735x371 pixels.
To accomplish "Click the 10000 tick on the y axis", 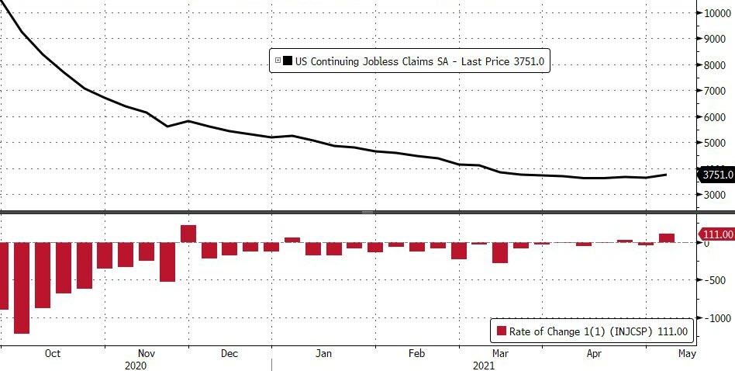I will (x=717, y=12).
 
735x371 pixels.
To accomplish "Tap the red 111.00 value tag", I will (x=716, y=234).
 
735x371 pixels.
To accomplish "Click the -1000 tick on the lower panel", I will (x=714, y=318).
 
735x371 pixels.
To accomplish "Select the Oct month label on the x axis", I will (x=52, y=354).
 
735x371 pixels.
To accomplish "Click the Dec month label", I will (x=229, y=354).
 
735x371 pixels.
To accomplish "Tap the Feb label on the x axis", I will (x=417, y=354).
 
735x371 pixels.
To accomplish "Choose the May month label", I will (x=687, y=354).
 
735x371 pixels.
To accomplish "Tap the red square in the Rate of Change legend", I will (x=502, y=331).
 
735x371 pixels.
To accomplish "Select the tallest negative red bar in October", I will (x=21, y=287).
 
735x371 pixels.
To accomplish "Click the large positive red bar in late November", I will (x=188, y=234).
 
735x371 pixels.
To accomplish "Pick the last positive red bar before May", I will (x=667, y=238).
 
